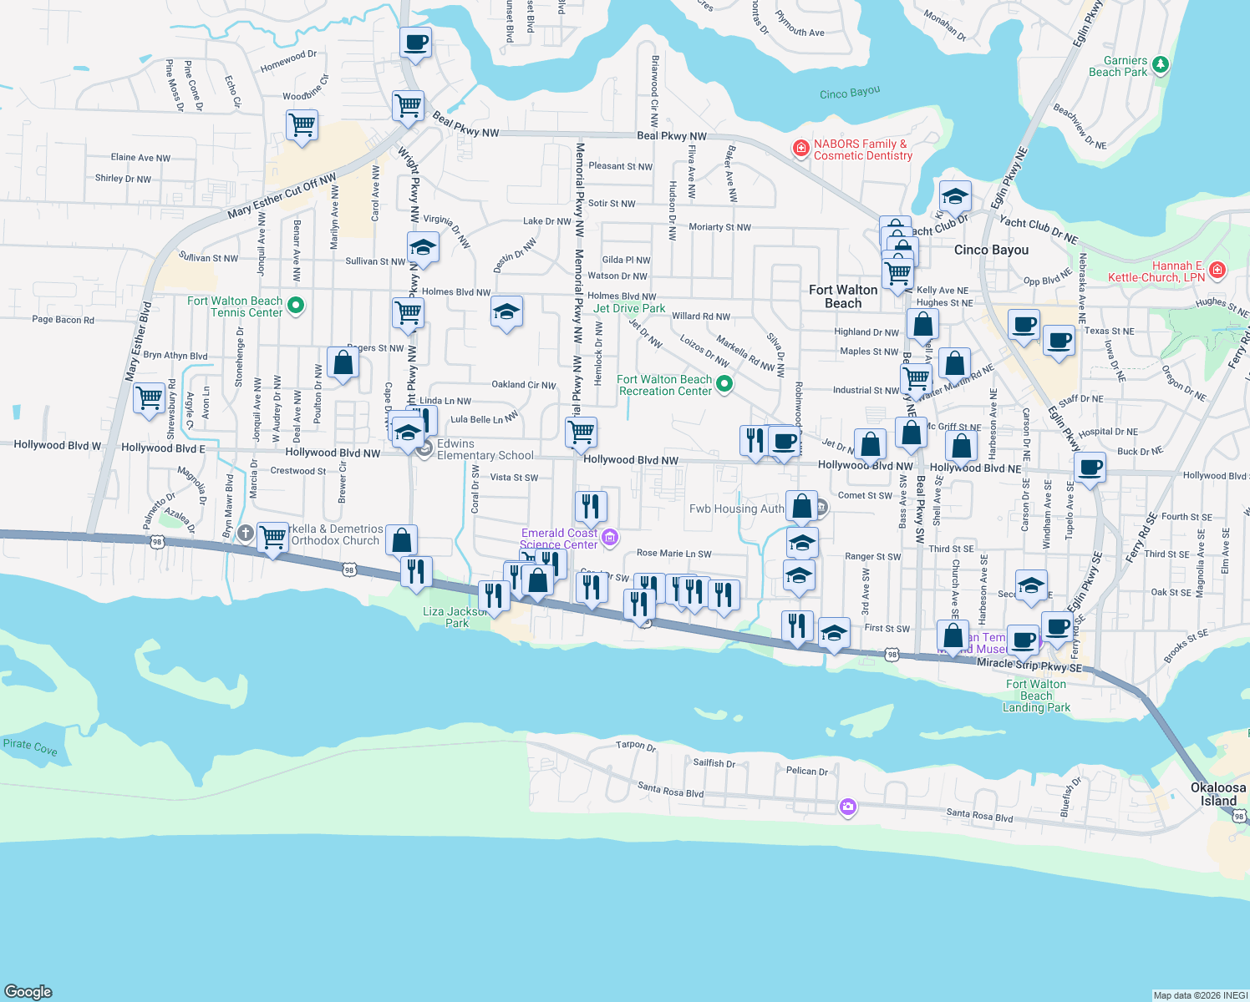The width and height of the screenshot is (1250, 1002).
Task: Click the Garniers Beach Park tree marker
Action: point(1160,64)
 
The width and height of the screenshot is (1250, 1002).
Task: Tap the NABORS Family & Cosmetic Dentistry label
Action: point(862,150)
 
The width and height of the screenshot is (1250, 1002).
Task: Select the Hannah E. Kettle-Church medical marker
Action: point(1217,270)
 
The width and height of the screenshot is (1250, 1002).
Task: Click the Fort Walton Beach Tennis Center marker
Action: point(295,306)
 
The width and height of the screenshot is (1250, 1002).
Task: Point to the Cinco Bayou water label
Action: point(849,93)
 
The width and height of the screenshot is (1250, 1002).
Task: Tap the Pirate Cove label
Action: point(30,746)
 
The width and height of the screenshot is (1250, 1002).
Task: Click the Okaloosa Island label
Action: point(1218,794)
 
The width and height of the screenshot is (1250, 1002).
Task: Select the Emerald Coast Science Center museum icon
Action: point(610,537)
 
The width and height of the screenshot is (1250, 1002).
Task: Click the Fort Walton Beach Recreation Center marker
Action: point(724,384)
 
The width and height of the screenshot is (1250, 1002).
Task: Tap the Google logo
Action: point(28,991)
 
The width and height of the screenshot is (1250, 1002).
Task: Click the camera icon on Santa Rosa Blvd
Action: point(848,806)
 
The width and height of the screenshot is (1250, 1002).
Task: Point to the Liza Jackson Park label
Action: point(455,617)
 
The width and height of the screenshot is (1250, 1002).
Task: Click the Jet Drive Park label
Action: point(629,308)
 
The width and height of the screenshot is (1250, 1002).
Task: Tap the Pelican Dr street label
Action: point(806,771)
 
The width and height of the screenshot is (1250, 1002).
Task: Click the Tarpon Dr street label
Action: point(636,745)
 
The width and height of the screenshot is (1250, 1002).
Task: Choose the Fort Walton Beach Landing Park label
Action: point(1036,696)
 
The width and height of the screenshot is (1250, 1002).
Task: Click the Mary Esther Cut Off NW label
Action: point(282,196)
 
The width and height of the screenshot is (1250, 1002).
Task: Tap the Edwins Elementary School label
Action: point(485,449)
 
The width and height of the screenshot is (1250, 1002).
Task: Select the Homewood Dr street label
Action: point(288,60)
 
